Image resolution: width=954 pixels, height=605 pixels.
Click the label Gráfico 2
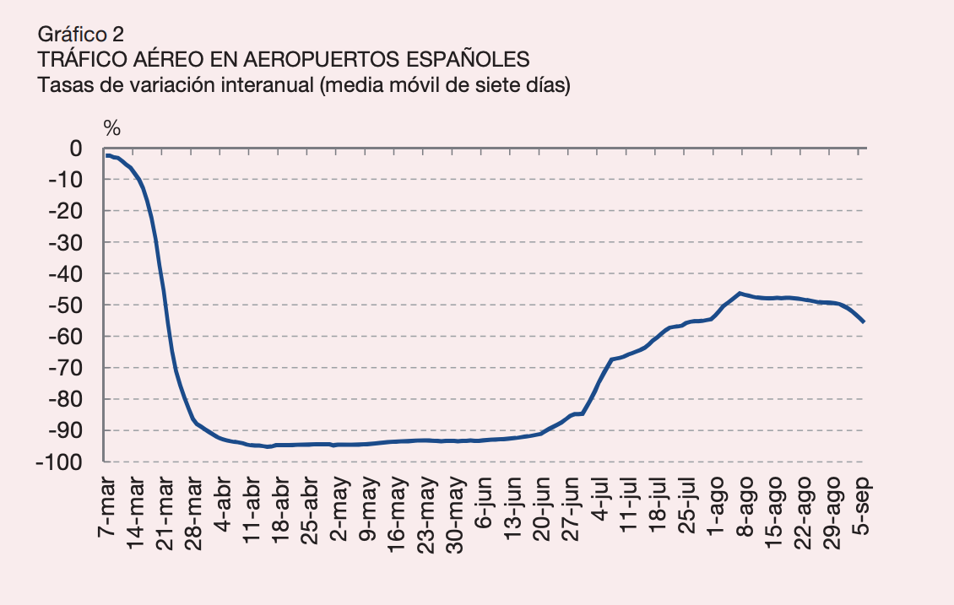coord(81,35)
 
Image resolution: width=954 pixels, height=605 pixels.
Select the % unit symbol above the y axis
coord(112,128)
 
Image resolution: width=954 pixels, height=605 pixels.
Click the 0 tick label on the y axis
coord(76,149)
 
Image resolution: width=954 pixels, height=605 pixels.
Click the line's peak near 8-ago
coord(740,293)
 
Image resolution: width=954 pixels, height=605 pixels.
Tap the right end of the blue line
coord(864,321)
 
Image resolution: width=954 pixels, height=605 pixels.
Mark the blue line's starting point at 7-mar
coord(107,155)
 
